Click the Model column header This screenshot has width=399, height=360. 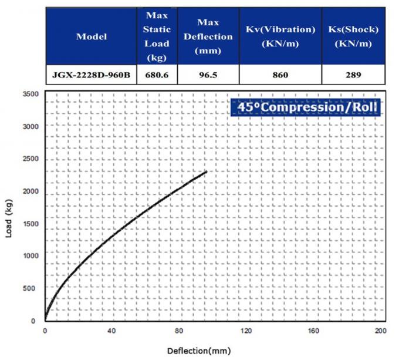click(x=92, y=36)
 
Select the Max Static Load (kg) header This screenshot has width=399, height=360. click(x=157, y=36)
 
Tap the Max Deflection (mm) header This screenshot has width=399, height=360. click(x=208, y=36)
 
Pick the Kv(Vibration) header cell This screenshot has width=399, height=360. click(x=280, y=36)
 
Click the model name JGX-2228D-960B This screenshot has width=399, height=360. click(x=92, y=75)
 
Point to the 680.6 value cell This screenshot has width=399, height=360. click(x=157, y=75)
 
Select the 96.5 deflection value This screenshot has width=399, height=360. click(x=208, y=75)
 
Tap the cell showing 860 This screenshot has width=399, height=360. click(x=280, y=75)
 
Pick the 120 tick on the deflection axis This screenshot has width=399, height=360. click(x=246, y=330)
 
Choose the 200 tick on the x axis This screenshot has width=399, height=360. click(x=380, y=330)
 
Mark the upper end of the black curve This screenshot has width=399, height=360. click(x=207, y=171)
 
